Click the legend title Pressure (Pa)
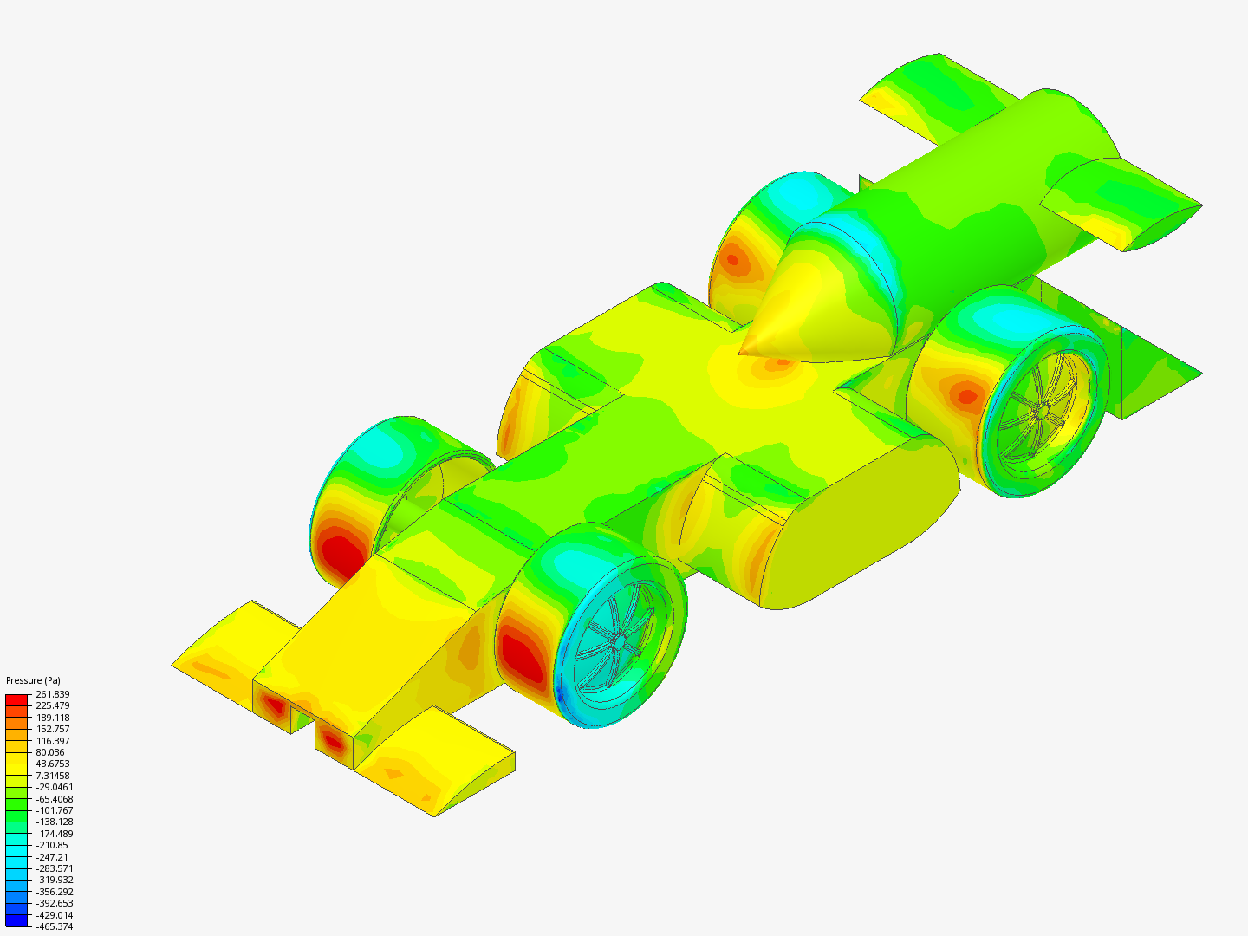33,680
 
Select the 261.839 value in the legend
52,694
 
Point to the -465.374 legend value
54,926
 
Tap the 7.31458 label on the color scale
52,776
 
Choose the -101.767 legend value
54,810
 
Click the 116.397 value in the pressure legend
52,741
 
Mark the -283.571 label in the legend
54,868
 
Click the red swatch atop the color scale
16,699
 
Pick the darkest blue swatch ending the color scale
16,920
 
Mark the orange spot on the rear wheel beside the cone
734,257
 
